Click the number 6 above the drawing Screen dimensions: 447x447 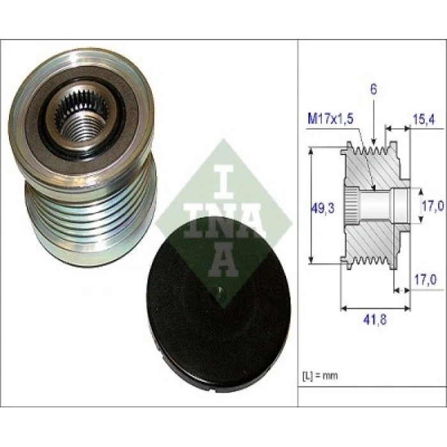374,89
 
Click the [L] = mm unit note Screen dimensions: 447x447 320,375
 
